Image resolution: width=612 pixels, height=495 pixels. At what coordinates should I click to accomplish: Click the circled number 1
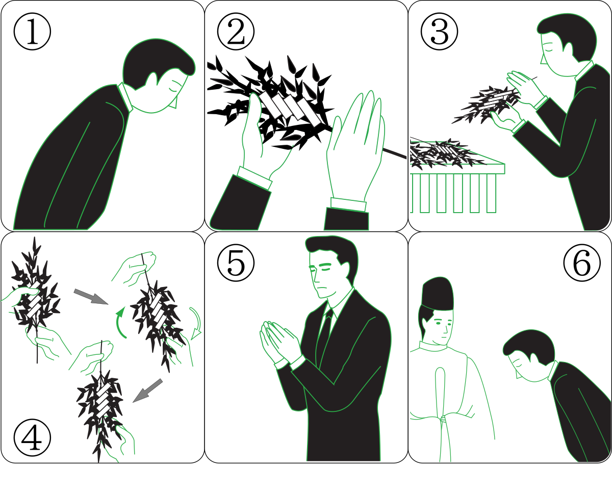pyautogui.click(x=32, y=31)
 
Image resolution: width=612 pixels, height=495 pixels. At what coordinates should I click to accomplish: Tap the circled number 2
pyautogui.click(x=236, y=31)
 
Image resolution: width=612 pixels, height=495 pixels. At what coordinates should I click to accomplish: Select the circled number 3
pyautogui.click(x=439, y=31)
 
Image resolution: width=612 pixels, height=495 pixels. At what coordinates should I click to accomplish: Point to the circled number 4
pyautogui.click(x=32, y=438)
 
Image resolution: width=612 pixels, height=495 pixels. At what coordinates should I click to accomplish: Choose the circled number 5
pyautogui.click(x=236, y=263)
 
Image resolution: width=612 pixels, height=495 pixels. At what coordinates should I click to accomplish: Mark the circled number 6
pyautogui.click(x=582, y=263)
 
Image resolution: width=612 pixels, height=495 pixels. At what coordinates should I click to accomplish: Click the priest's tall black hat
pyautogui.click(x=438, y=294)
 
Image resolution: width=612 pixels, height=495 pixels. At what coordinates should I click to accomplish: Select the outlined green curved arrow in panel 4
pyautogui.click(x=197, y=323)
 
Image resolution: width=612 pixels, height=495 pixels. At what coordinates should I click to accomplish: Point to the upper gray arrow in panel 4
pyautogui.click(x=91, y=297)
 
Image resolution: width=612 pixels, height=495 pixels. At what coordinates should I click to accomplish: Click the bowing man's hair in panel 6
pyautogui.click(x=529, y=347)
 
